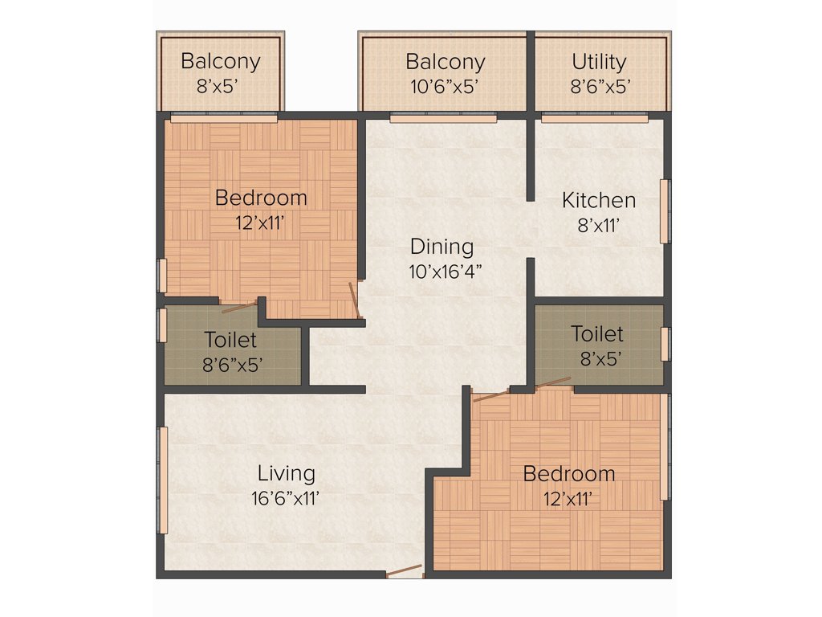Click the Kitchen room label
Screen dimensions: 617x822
coord(599,200)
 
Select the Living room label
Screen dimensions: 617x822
coord(286,473)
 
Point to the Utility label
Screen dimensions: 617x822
coord(599,62)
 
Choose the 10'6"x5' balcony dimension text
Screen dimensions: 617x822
coord(445,86)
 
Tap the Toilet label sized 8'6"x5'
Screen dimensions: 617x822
coord(230,341)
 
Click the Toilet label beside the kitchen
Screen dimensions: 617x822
coord(597,333)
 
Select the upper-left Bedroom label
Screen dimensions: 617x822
coord(261,198)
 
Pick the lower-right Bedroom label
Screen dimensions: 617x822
coord(569,474)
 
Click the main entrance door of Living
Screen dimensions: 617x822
coord(404,572)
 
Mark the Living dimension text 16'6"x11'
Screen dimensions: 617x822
coord(286,498)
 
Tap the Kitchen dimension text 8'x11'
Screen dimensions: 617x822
coord(599,226)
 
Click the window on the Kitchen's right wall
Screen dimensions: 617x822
coord(665,210)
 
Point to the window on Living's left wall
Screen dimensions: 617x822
coord(163,480)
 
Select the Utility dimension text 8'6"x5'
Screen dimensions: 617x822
coord(599,86)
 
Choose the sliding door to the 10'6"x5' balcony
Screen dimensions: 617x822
coord(443,118)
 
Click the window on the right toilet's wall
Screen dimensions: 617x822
coord(665,344)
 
